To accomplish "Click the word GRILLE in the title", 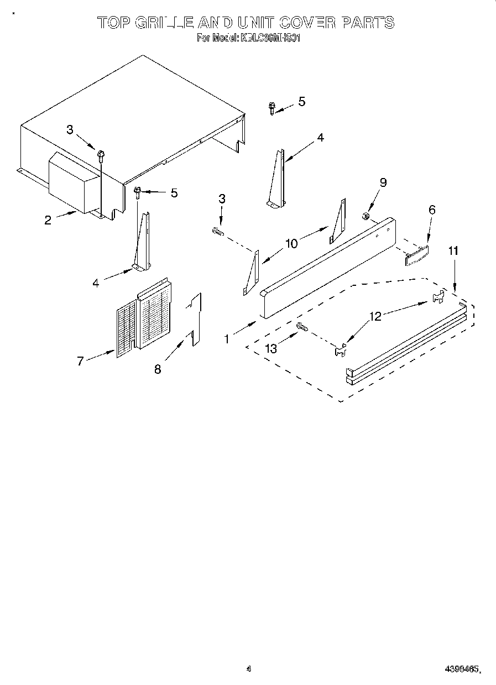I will click(x=164, y=23).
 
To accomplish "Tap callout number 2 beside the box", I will click(x=48, y=219).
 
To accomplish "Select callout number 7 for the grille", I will click(x=81, y=361).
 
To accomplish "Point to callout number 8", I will click(x=158, y=369).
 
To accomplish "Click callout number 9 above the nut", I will click(x=383, y=183).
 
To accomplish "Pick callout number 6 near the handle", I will click(x=432, y=210).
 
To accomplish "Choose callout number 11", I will click(x=453, y=251).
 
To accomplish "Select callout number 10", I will click(x=291, y=242).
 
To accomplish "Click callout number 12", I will click(x=375, y=316).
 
